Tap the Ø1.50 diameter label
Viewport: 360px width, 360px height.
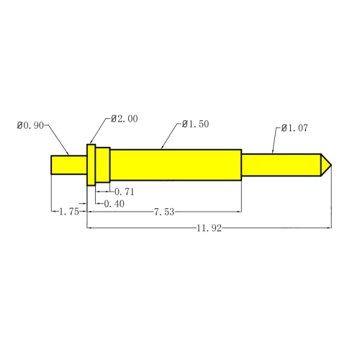coord(195,124)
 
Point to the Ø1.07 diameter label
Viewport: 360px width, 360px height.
coord(295,128)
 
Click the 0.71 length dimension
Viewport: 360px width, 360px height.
coord(125,192)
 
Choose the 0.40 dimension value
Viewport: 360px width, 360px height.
coord(114,204)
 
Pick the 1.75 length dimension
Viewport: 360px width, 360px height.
coord(68,212)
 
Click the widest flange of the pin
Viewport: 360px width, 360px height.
coord(91,165)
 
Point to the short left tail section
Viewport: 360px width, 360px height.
coord(68,165)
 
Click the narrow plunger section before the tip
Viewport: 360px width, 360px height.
coord(280,164)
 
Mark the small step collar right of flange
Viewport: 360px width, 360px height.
coord(103,165)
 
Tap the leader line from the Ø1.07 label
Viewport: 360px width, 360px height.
coord(275,141)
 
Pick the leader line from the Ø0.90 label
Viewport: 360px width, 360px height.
coord(59,140)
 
